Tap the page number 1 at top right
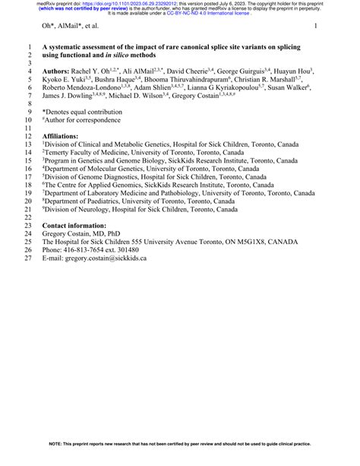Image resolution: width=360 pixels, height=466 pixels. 314,27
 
